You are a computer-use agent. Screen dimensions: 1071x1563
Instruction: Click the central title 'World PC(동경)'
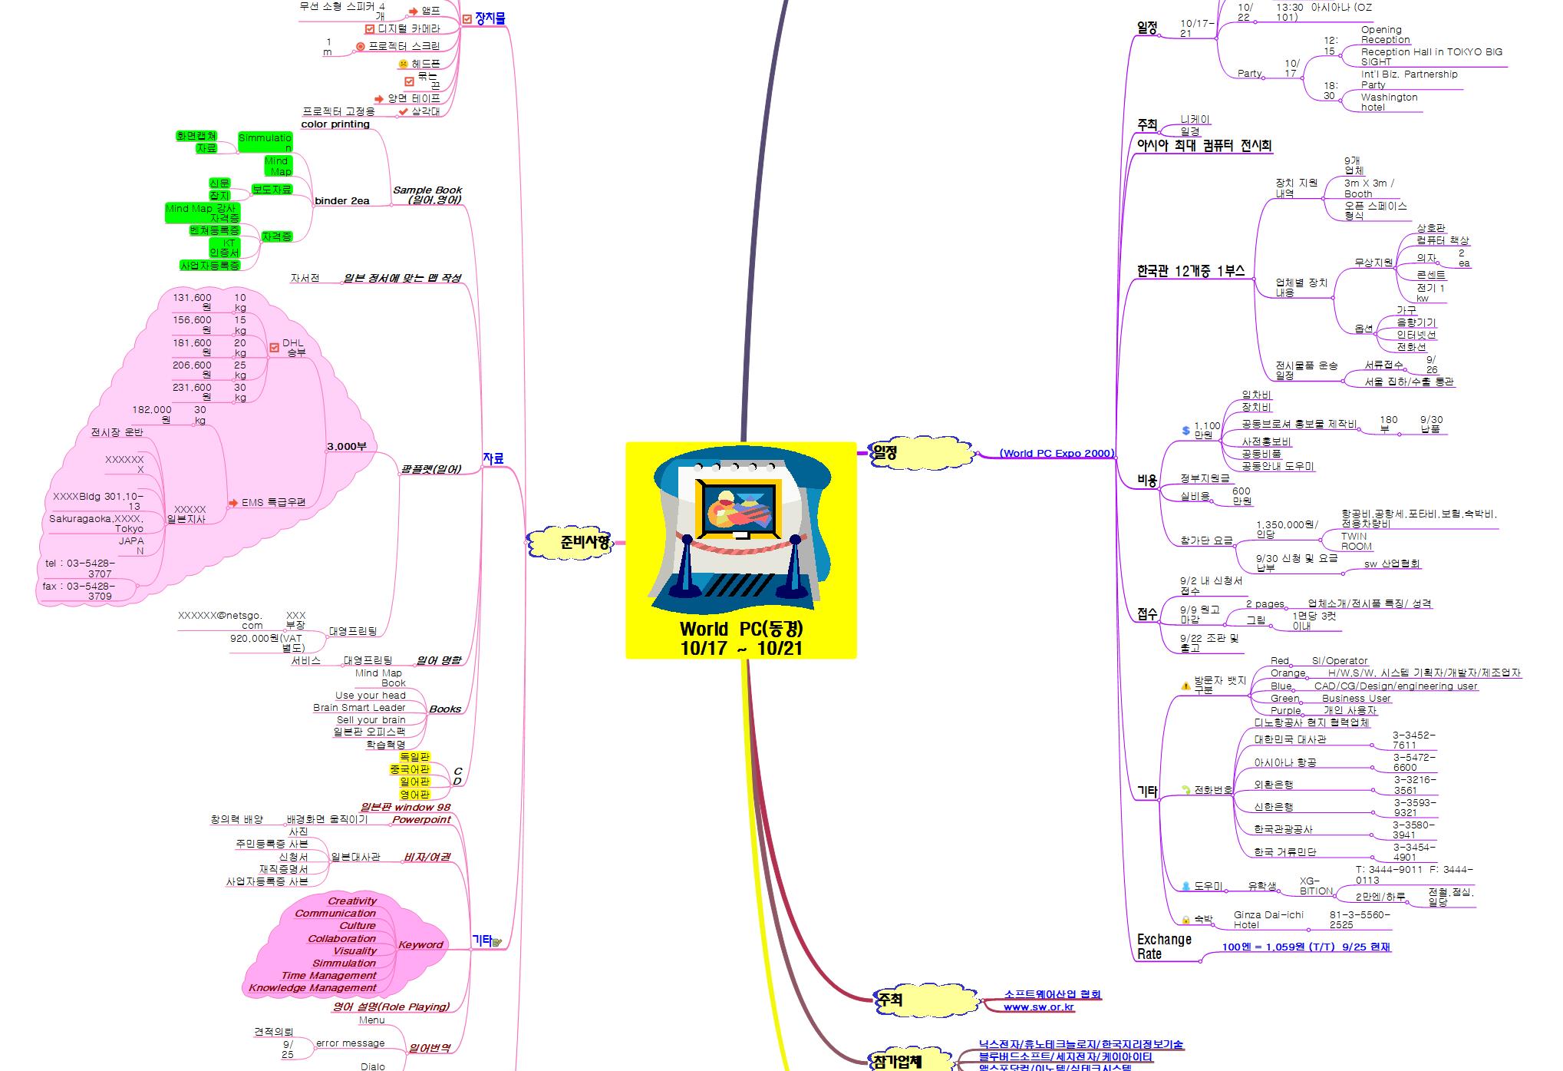(740, 630)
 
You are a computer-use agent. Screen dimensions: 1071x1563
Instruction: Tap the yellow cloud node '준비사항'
(584, 543)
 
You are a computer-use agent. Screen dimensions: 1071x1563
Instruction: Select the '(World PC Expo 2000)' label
(1056, 454)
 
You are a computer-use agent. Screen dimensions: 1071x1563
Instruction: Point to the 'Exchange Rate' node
(1163, 947)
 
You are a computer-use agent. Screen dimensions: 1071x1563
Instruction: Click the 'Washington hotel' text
(1388, 102)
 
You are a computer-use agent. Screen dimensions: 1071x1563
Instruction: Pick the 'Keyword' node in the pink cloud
(420, 945)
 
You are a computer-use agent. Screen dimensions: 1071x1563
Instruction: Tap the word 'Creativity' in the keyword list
(352, 901)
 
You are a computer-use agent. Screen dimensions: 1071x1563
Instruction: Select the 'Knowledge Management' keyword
(312, 988)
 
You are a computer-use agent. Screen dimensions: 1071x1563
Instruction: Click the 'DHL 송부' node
(294, 348)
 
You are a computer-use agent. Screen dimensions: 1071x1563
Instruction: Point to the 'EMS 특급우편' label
(273, 503)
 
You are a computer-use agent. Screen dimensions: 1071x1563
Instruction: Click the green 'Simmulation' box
(265, 143)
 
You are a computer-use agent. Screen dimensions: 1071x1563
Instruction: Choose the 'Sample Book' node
(427, 190)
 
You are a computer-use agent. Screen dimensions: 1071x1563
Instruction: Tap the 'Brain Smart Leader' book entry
(359, 708)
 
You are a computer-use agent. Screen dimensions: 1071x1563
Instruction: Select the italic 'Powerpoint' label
(421, 820)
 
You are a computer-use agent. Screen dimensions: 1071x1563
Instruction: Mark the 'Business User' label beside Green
(1356, 699)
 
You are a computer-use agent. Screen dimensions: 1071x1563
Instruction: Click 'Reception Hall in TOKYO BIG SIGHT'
(1431, 57)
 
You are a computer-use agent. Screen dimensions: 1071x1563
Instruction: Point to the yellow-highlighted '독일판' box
(414, 757)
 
